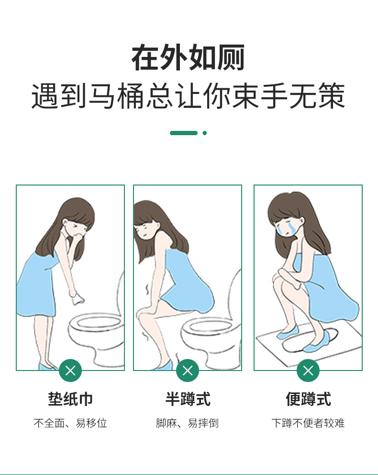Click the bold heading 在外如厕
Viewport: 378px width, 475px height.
[188, 58]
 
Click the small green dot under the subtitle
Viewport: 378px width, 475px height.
[205, 133]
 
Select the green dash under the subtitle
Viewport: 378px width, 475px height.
[183, 133]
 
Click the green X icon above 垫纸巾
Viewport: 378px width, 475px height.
[70, 370]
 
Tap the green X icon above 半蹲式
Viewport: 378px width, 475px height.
[188, 370]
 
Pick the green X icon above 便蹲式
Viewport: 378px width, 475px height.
[308, 370]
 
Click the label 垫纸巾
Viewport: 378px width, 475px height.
[70, 399]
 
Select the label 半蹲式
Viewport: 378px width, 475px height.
[188, 399]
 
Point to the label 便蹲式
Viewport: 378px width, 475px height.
[308, 399]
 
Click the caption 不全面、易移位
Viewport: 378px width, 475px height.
[70, 423]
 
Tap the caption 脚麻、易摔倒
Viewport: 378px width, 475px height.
[188, 423]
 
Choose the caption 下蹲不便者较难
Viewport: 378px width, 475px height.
[308, 423]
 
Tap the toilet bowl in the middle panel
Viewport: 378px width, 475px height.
[211, 336]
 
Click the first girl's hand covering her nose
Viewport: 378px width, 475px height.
[77, 237]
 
